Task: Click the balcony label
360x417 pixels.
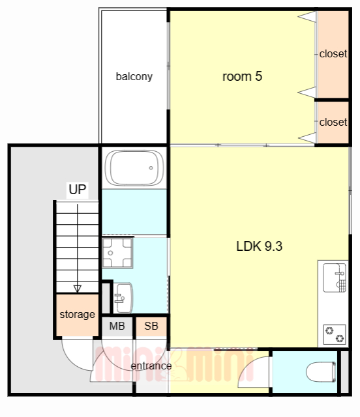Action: pos(134,77)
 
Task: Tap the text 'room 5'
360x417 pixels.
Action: pos(243,77)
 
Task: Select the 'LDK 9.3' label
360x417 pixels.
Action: pos(260,246)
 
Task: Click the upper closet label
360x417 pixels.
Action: pos(333,53)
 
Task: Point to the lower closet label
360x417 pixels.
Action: pos(333,122)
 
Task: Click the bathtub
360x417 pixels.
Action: pos(134,168)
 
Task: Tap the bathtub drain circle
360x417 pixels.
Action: pos(151,168)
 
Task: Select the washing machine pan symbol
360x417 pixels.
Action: pos(117,253)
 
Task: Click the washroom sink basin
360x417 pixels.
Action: pos(123,298)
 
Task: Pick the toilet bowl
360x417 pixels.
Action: pos(321,372)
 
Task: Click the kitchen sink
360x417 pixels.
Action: pos(335,278)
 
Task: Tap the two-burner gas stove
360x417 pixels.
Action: pos(335,334)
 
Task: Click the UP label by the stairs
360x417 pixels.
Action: pos(77,190)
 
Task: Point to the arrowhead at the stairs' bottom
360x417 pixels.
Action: pos(78,289)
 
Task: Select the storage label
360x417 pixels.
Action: pos(77,315)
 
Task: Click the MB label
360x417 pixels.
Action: pos(117,326)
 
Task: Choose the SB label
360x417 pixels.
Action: pos(151,326)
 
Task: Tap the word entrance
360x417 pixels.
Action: pos(151,366)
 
